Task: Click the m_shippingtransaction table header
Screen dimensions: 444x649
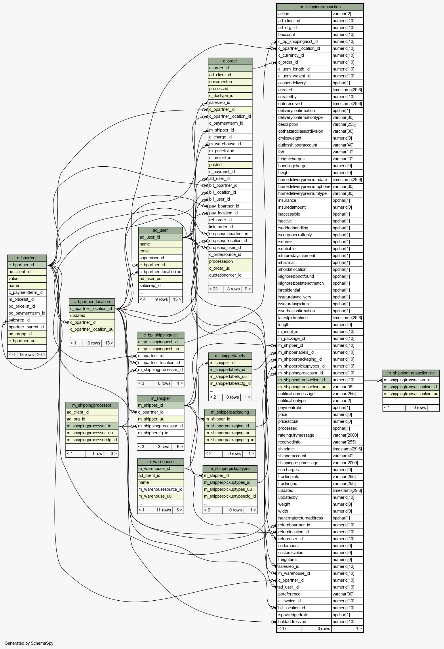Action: coord(320,7)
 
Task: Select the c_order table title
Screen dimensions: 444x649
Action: coord(230,61)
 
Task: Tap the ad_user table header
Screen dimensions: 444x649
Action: coord(160,230)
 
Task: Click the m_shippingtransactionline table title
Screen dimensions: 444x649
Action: coord(411,373)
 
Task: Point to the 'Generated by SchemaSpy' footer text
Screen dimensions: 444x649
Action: coord(29,643)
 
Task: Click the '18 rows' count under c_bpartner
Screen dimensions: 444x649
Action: coord(26,355)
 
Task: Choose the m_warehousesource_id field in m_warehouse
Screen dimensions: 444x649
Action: coord(160,489)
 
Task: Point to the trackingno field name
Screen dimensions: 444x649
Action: coord(288,484)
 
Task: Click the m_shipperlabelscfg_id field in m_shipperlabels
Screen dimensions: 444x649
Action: coord(230,383)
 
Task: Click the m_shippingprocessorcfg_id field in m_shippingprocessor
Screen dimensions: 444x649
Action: coord(92,440)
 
